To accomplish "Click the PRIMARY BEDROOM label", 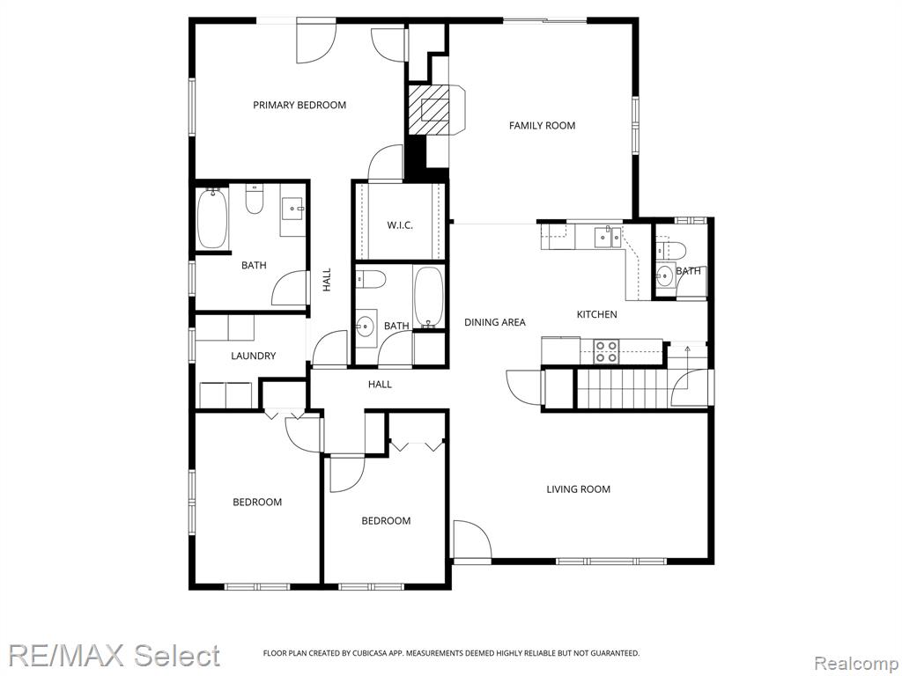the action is [x=299, y=106].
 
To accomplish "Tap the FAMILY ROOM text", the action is [x=542, y=125].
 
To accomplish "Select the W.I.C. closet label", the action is [x=399, y=224].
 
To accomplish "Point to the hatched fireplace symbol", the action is [x=435, y=109].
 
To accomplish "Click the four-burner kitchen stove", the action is [x=606, y=351].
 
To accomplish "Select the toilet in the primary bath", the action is [x=254, y=199].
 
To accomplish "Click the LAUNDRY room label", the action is [x=253, y=356].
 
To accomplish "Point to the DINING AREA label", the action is [x=495, y=322].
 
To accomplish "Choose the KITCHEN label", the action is [x=596, y=314].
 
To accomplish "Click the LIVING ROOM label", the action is [x=578, y=489].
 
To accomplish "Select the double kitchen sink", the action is [x=607, y=236].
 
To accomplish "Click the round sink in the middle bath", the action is [x=364, y=327].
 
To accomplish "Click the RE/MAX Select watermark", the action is [x=114, y=655].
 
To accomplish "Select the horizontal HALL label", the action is [x=380, y=384].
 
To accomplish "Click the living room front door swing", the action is [x=472, y=540].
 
